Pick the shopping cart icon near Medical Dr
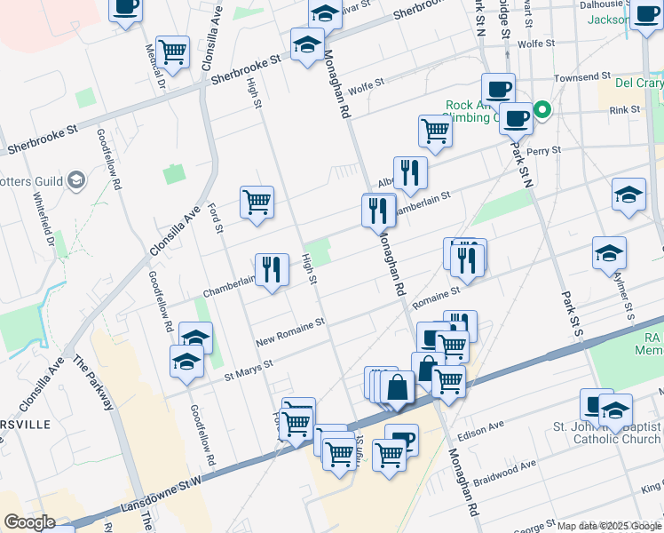click(x=172, y=51)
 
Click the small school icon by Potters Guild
click(x=76, y=181)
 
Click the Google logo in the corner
click(x=29, y=521)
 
